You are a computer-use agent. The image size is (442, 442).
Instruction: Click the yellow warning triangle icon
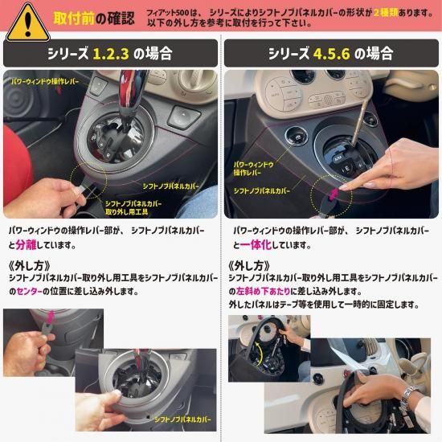(28, 23)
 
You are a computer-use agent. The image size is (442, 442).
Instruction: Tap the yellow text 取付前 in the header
(74, 18)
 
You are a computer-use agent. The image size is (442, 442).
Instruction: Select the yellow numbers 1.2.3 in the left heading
(111, 54)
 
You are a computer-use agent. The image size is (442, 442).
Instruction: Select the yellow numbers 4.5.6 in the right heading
(331, 54)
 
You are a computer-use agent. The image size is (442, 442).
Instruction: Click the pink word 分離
(26, 245)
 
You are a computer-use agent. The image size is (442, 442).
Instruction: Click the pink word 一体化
(256, 245)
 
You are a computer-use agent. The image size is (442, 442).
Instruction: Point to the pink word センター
(29, 291)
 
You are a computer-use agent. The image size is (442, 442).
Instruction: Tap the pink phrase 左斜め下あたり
(263, 291)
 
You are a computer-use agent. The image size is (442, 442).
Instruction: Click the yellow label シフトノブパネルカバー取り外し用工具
(133, 208)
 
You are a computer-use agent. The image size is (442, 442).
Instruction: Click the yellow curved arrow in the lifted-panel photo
(260, 354)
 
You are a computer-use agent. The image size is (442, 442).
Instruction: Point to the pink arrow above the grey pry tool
(50, 317)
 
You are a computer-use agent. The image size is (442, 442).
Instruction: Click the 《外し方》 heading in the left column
(30, 265)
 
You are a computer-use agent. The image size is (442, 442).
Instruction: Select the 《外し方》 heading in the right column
(249, 265)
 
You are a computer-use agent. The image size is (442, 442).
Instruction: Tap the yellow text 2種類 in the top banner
(386, 13)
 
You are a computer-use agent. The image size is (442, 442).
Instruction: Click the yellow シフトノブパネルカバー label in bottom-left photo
(182, 419)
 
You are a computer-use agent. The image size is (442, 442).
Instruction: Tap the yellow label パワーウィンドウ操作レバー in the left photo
(45, 82)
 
